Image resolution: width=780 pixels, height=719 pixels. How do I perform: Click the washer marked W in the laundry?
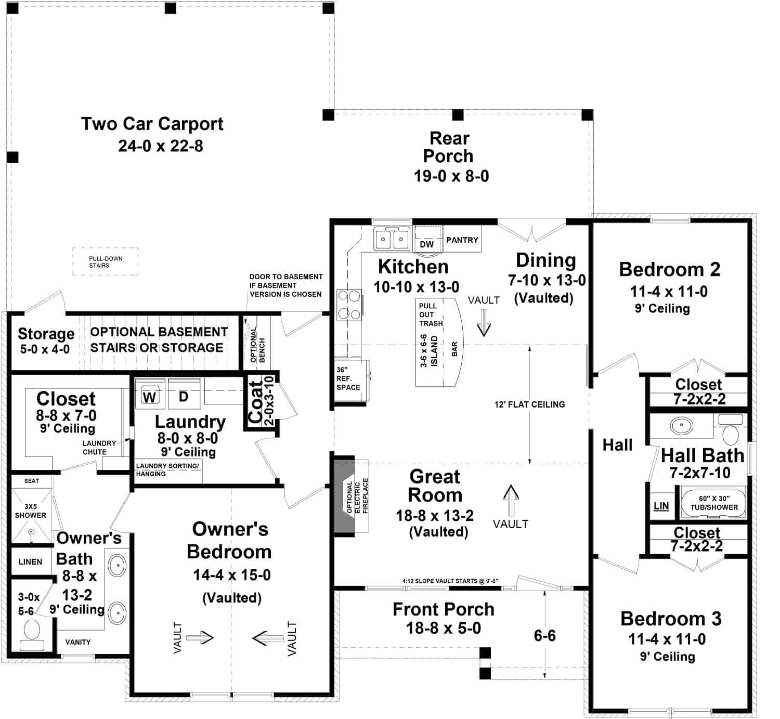[150, 398]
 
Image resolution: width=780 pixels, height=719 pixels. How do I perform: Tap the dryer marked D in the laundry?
[184, 397]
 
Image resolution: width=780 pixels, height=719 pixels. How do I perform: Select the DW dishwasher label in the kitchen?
[426, 244]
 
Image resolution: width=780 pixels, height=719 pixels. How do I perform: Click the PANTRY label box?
[462, 240]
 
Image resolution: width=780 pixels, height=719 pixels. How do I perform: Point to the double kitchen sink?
[392, 239]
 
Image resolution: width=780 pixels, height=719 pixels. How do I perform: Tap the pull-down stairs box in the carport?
[106, 262]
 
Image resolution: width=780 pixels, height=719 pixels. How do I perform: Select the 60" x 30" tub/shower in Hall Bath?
[713, 503]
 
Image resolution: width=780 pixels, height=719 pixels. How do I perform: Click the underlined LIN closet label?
[661, 506]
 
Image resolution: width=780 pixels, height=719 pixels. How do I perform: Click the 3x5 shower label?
[31, 511]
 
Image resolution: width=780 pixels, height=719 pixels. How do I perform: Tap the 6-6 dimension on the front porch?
[544, 635]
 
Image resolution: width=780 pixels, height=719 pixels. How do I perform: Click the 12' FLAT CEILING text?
[529, 404]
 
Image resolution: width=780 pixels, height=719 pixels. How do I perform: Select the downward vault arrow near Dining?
[484, 322]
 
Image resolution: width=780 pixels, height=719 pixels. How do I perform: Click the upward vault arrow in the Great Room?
[511, 499]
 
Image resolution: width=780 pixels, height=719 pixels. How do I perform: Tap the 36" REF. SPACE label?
[348, 378]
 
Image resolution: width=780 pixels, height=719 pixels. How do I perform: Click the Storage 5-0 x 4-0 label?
[46, 341]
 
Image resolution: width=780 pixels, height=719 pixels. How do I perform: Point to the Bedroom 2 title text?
[669, 269]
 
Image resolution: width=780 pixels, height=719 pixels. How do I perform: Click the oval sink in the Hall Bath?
[681, 426]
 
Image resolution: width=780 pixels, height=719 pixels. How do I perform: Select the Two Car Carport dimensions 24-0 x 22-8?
[160, 146]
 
